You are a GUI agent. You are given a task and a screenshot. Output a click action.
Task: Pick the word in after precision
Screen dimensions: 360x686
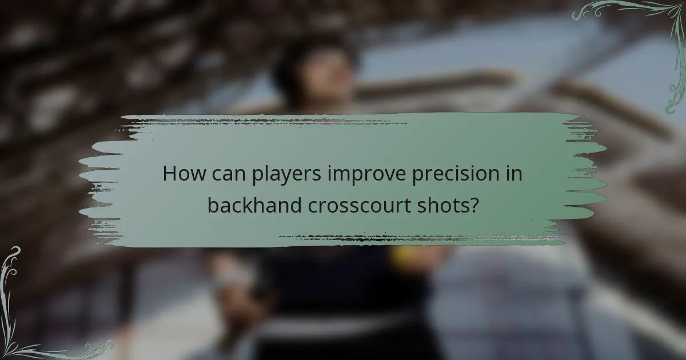point(515,174)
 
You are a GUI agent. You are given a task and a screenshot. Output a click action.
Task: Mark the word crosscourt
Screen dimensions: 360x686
point(358,205)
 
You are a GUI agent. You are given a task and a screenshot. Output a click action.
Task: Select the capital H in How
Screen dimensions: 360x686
point(170,174)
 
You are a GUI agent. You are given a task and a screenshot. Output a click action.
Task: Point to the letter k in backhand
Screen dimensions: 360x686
point(251,204)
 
